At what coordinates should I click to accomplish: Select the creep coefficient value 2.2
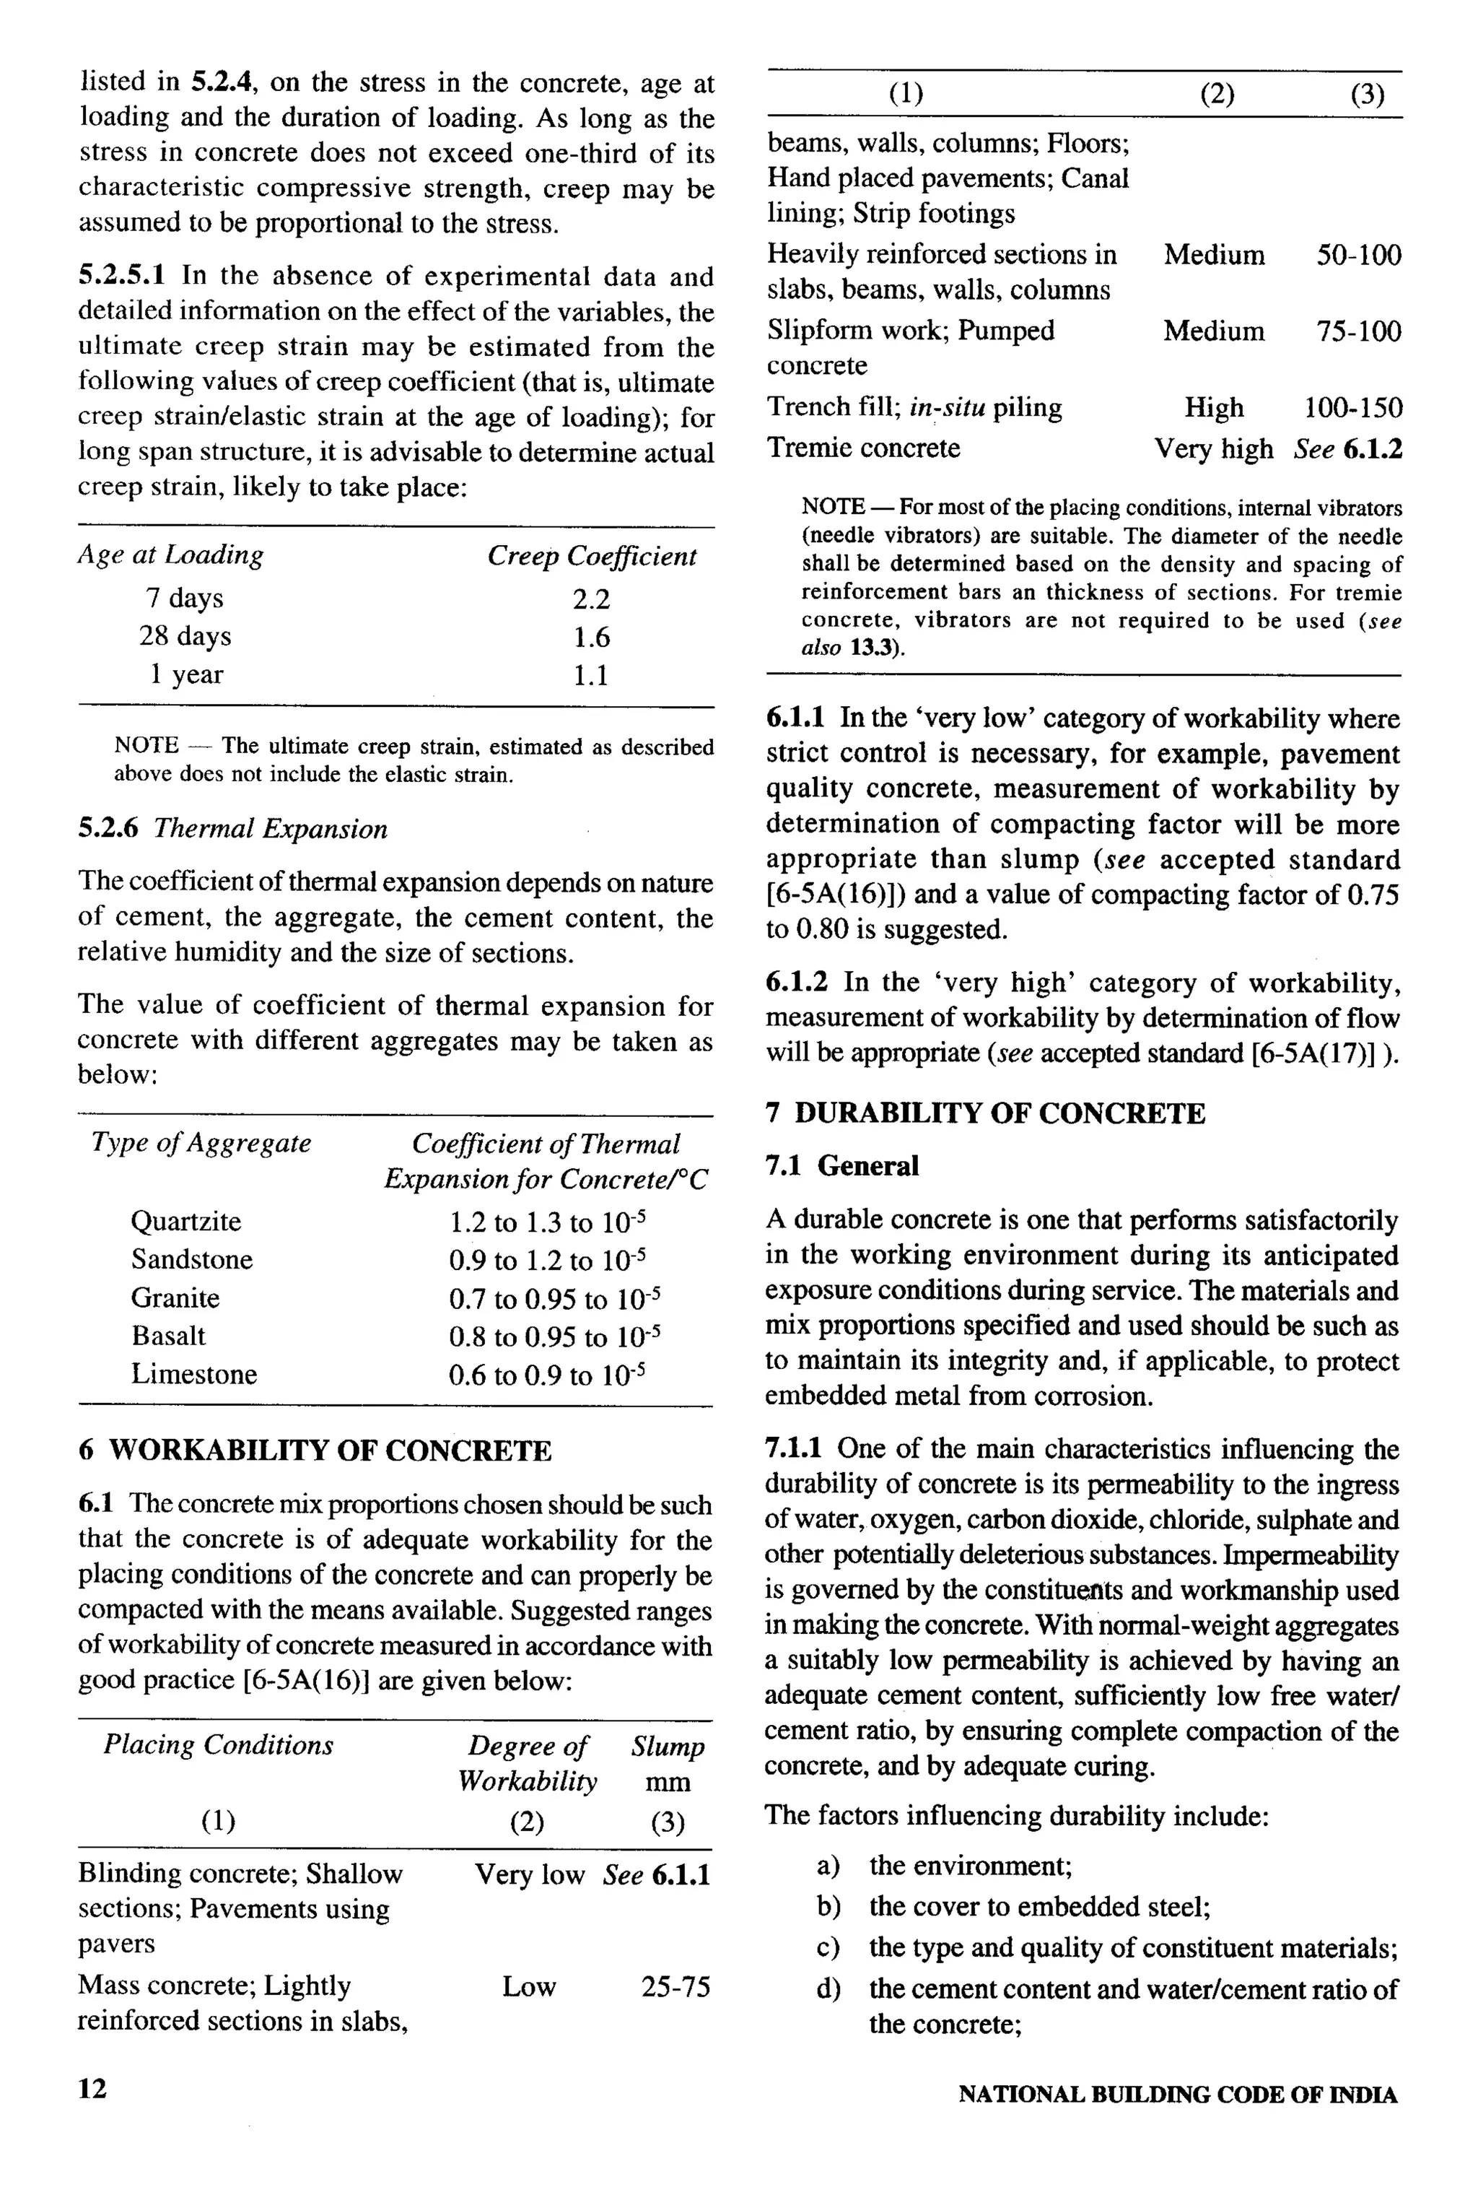click(591, 599)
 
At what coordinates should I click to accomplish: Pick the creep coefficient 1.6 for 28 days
click(591, 638)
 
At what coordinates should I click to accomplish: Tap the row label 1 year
click(186, 675)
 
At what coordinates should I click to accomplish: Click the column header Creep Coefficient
click(592, 556)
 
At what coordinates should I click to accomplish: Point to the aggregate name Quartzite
click(185, 1222)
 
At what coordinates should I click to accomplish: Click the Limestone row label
click(194, 1374)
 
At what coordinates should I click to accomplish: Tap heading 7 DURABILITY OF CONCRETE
click(985, 1114)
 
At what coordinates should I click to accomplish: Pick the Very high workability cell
click(1214, 449)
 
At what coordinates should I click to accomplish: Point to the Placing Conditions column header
click(218, 1746)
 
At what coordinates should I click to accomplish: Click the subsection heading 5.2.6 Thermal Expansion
click(232, 829)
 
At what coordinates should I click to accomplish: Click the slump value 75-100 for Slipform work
click(1358, 331)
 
